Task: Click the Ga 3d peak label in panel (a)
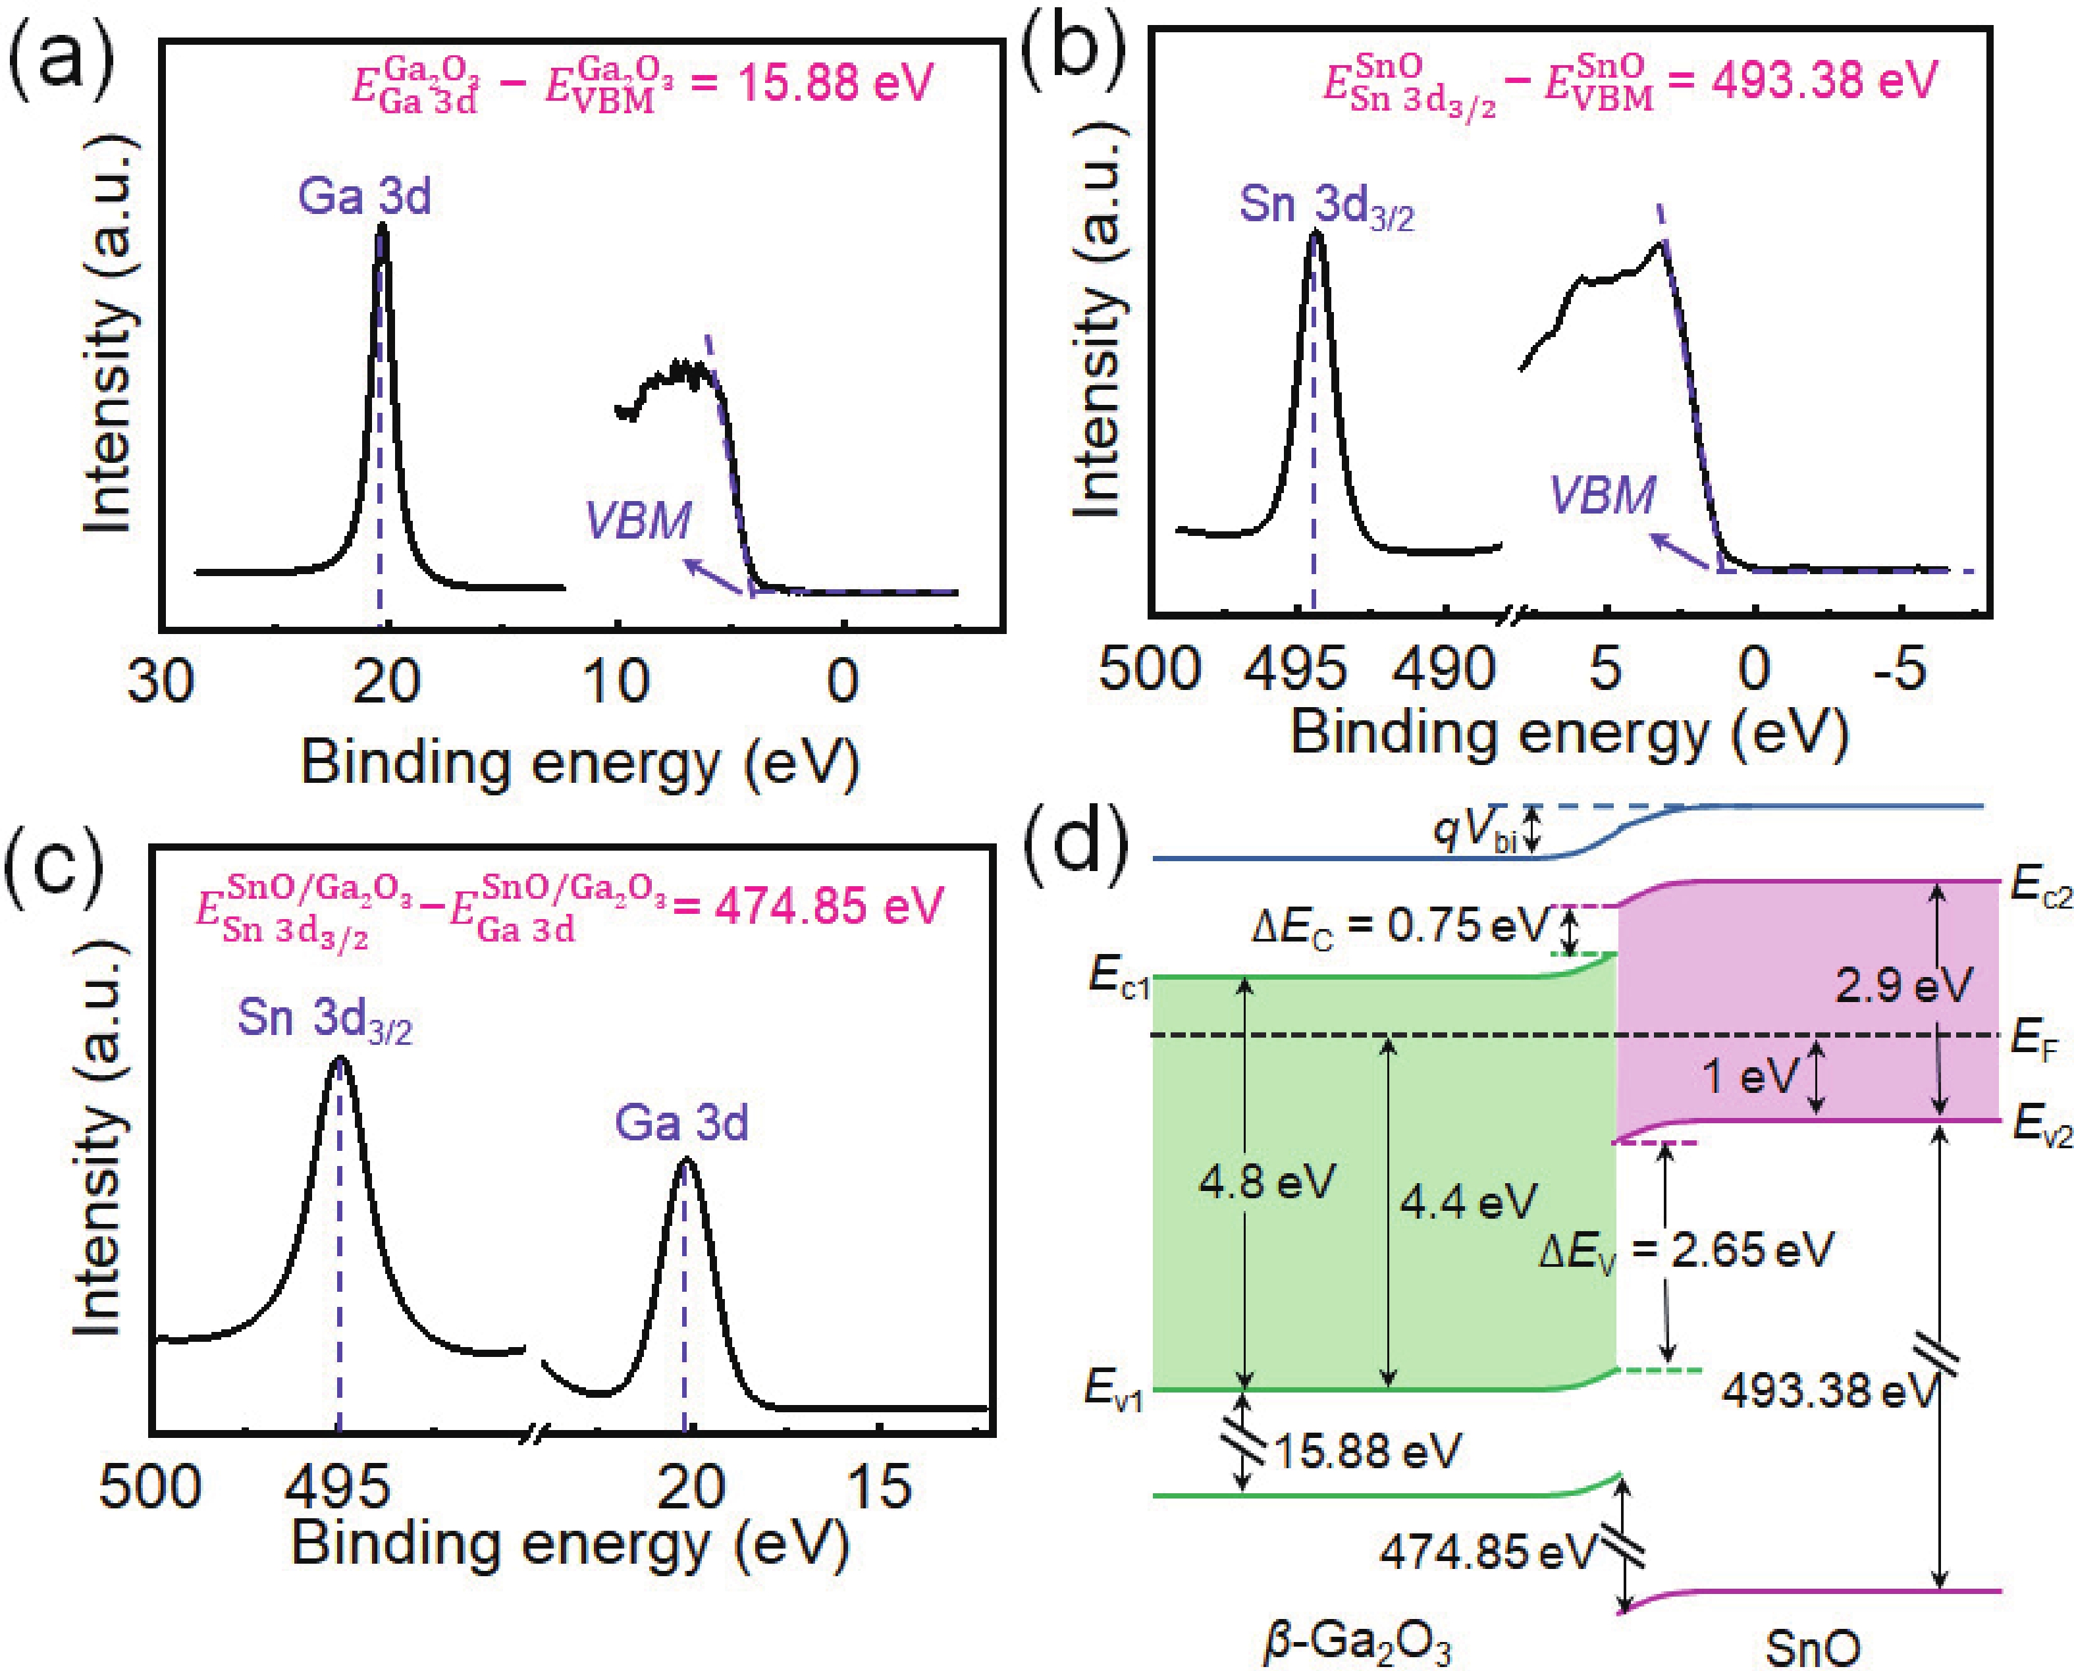(364, 196)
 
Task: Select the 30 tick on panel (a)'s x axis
(160, 681)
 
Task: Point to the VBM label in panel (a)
(637, 521)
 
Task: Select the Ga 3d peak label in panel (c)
(681, 1123)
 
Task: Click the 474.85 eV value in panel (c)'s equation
(828, 906)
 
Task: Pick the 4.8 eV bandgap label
(1267, 1181)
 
